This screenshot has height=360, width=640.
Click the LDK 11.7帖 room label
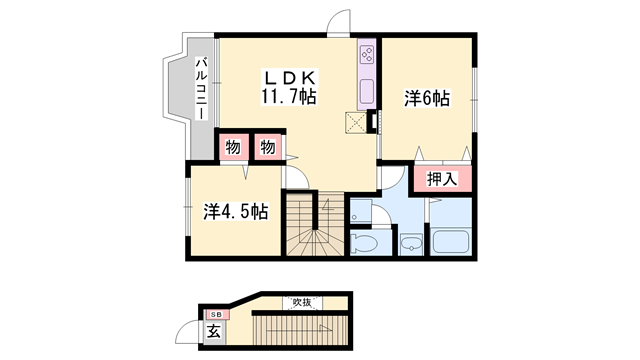[289, 87]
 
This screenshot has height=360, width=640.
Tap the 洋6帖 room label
[427, 99]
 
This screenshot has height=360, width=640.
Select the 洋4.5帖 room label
[236, 212]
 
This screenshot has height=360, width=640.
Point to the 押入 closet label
[442, 179]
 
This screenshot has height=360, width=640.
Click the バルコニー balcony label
[201, 89]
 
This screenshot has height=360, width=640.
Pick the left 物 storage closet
[233, 147]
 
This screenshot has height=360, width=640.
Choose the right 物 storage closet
[268, 147]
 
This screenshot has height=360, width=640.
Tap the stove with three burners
[367, 55]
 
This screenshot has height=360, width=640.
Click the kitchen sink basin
[367, 91]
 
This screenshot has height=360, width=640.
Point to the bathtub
[450, 242]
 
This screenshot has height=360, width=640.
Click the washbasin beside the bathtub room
[411, 244]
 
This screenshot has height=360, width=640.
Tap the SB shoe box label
[216, 315]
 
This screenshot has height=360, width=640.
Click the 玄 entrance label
[213, 331]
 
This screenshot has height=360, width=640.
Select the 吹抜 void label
[302, 302]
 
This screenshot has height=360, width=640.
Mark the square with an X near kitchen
[356, 122]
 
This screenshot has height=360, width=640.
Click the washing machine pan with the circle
[361, 212]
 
